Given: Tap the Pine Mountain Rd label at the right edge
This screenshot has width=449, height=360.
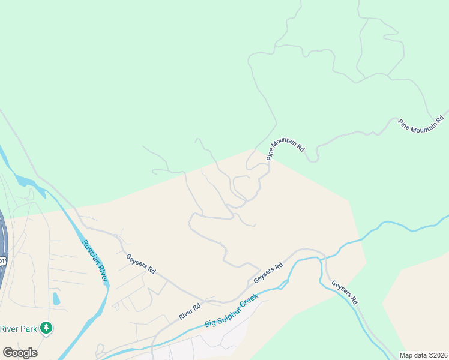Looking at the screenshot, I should click(423, 122).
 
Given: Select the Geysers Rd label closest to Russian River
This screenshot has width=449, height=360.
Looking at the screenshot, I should click(141, 264).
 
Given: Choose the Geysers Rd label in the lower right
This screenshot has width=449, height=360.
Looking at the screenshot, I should click(345, 291).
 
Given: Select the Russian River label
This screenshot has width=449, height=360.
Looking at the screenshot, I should click(95, 260).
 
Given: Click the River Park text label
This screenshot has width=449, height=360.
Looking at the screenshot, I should click(19, 328).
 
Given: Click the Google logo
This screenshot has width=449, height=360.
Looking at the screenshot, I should click(20, 353).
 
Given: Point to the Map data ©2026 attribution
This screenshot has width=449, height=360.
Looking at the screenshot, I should click(423, 355).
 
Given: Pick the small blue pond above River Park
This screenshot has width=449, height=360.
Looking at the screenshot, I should click(56, 298).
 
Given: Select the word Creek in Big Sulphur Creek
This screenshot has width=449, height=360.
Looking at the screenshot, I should click(250, 300).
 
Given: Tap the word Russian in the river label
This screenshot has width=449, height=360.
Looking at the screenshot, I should click(89, 251).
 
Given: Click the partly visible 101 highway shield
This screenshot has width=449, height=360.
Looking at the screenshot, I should click(2, 260).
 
